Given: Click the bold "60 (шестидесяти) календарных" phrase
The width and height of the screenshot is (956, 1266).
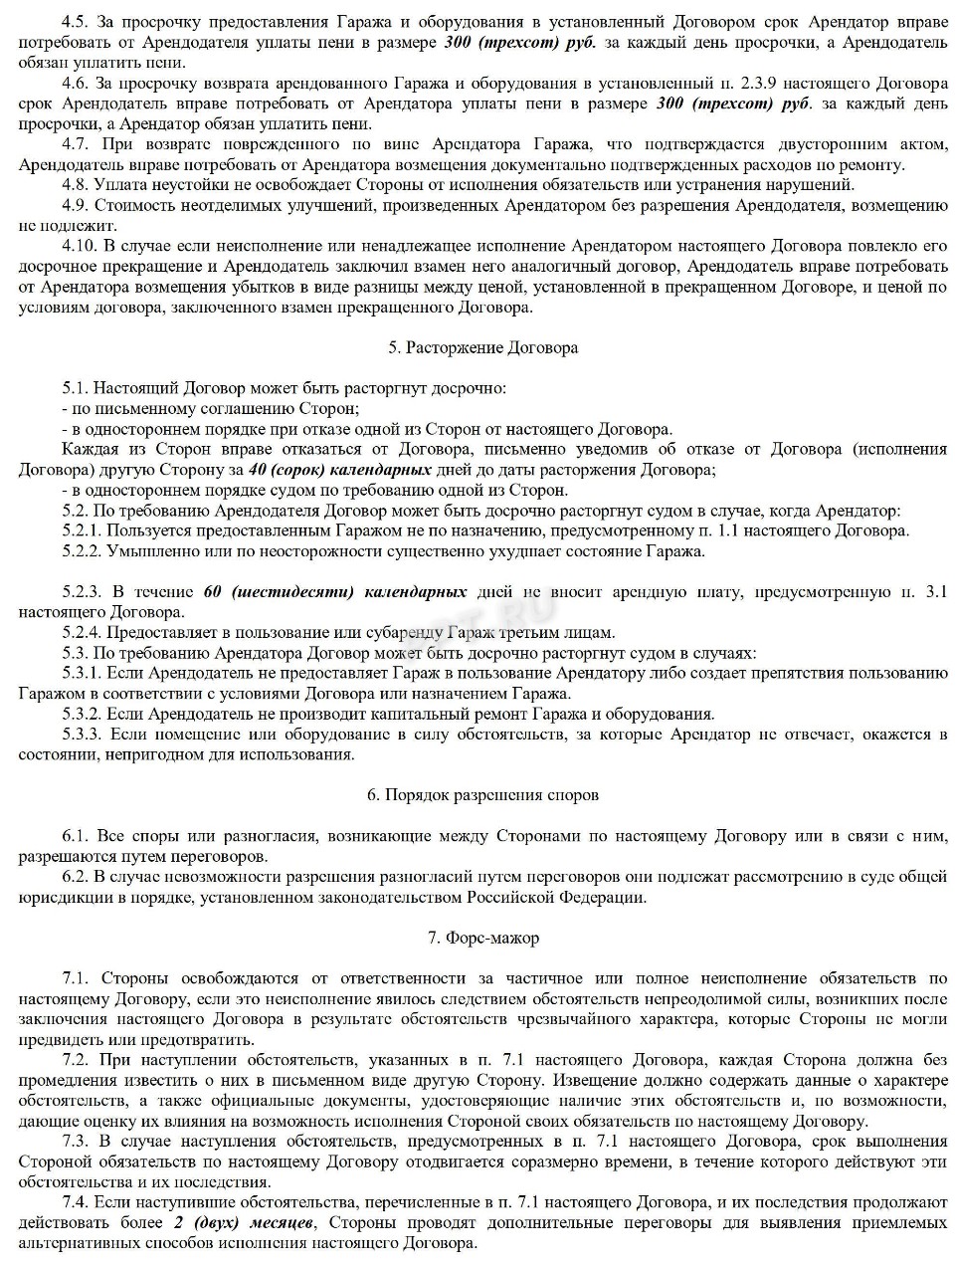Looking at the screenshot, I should (335, 592).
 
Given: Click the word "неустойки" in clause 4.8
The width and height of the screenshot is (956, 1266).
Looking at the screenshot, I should (179, 184).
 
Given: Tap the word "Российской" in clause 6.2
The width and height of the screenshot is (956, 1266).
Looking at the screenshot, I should (513, 897).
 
